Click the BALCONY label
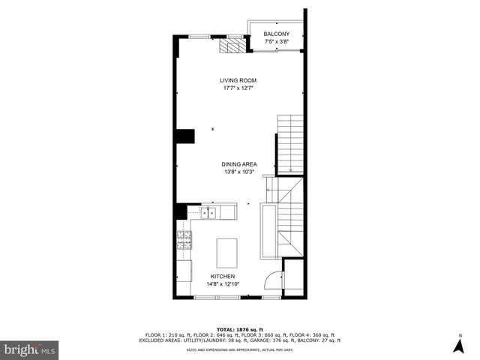[276, 34]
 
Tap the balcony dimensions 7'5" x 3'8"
[276, 42]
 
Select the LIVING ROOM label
[238, 80]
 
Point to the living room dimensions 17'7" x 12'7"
[238, 88]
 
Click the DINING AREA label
[239, 164]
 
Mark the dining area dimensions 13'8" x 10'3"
[239, 172]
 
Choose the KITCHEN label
[223, 277]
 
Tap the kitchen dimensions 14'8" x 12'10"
[223, 284]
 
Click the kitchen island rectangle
[227, 253]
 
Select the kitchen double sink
[208, 214]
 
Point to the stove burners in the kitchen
[184, 240]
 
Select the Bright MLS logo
[31, 349]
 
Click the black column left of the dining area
[185, 136]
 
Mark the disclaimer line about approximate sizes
[239, 349]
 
